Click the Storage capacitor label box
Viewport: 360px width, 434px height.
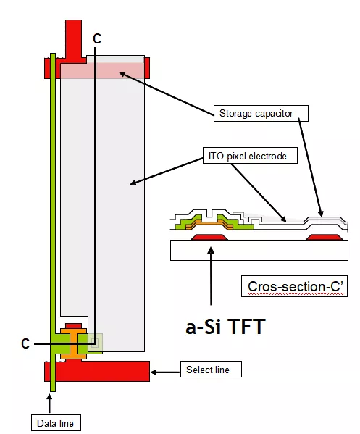[x=261, y=113]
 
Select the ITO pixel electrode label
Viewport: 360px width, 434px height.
[x=250, y=156]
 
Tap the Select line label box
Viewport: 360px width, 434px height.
[x=211, y=369]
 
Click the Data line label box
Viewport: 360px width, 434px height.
[x=56, y=422]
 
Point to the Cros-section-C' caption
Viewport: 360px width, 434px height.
[x=294, y=286]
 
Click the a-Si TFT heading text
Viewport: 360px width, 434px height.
[x=225, y=327]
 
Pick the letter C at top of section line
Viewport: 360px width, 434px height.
[x=97, y=38]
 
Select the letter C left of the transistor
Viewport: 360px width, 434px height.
[x=25, y=343]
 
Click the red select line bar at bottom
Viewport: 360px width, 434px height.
[x=97, y=371]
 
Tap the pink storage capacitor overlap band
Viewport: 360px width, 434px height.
[x=102, y=71]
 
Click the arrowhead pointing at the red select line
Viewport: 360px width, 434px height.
[x=154, y=372]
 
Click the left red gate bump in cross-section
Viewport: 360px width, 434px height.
[x=209, y=237]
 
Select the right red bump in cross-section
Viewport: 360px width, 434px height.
[x=325, y=237]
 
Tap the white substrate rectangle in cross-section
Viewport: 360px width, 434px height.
[x=259, y=250]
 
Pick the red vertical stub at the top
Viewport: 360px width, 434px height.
[x=73, y=38]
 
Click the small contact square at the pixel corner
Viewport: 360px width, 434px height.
[x=95, y=343]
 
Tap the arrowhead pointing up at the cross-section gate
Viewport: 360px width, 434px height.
[x=211, y=250]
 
